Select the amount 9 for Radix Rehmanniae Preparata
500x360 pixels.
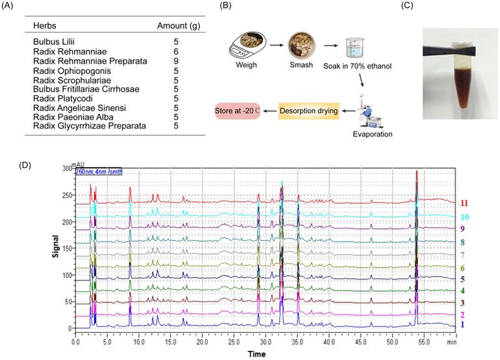coord(175,61)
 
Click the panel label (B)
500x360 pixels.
coord(225,6)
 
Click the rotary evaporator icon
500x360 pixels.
coord(365,109)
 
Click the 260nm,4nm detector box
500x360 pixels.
coord(98,172)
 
